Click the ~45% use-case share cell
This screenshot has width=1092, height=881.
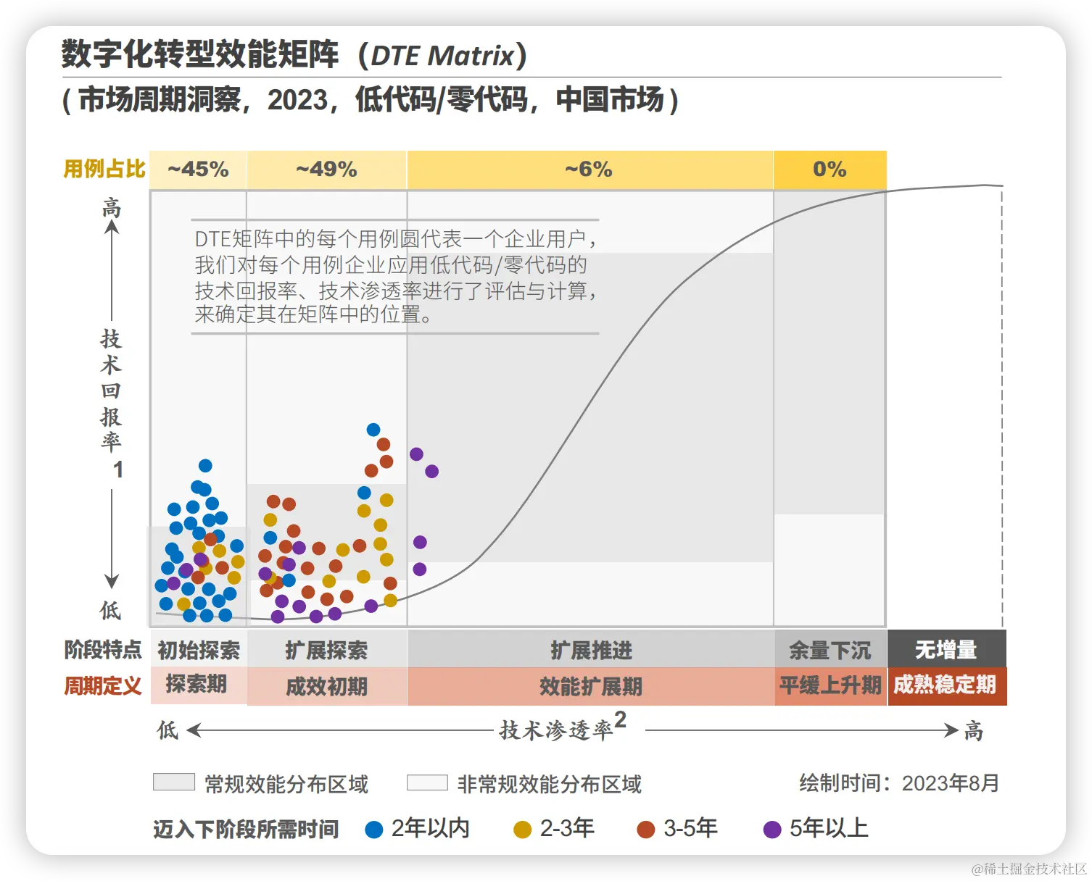tap(198, 170)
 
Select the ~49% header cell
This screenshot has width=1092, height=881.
tap(326, 170)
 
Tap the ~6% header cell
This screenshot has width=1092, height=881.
tap(589, 170)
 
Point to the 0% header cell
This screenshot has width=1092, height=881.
tap(830, 170)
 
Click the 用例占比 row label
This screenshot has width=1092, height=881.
tap(104, 169)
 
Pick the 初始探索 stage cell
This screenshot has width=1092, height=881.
tap(198, 650)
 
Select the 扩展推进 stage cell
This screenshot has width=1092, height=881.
tap(591, 650)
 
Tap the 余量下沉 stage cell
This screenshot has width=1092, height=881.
tap(830, 650)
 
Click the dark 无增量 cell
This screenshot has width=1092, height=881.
tap(946, 649)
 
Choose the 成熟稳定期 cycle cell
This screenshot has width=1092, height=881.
tap(946, 685)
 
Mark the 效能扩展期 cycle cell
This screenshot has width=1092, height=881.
tap(591, 686)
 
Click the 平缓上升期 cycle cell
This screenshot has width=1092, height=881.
tap(830, 685)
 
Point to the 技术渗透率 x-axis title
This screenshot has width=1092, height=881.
tap(556, 730)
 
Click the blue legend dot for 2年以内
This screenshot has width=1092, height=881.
tap(374, 830)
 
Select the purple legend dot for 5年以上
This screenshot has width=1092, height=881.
tap(772, 830)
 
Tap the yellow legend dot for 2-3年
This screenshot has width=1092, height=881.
tap(522, 830)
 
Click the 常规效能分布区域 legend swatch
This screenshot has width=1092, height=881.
tap(174, 782)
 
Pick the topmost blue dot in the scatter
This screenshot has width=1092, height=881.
tap(373, 430)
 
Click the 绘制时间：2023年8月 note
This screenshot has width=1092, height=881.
tap(899, 783)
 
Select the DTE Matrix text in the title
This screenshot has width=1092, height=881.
tap(442, 56)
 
